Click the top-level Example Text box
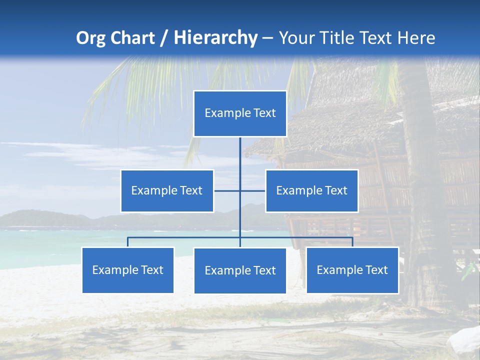click(240, 113)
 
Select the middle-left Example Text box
click(167, 190)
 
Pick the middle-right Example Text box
click(311, 190)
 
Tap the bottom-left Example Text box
click(128, 270)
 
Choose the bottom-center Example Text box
click(240, 270)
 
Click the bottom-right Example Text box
click(352, 270)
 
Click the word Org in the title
click(90, 38)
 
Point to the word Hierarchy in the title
click(215, 38)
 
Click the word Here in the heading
click(416, 38)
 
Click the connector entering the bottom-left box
click(128, 242)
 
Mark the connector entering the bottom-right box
click(352, 242)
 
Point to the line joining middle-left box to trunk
click(226, 190)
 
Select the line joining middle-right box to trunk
click(253, 190)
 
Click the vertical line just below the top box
click(240, 152)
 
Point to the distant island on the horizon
click(45, 218)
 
